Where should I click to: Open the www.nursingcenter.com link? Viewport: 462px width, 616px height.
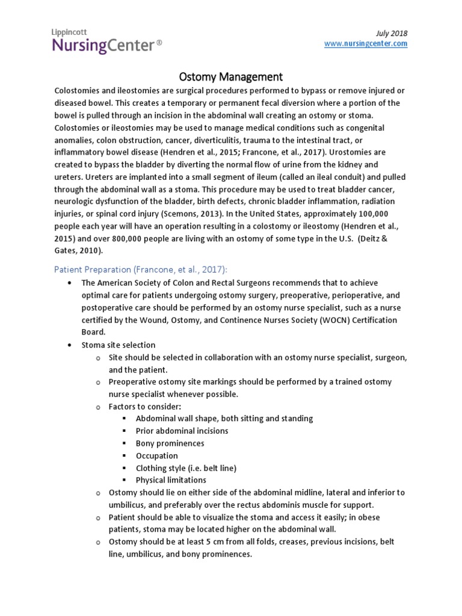pos(366,44)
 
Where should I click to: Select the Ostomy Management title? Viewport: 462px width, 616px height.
pos(231,77)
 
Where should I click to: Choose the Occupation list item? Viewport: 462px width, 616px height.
pos(156,455)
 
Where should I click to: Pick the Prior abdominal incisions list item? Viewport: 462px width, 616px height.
pos(182,431)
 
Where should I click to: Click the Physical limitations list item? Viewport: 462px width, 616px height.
pos(171,480)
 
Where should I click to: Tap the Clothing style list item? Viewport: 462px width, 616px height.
pos(186,467)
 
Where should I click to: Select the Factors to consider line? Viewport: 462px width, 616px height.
pos(145,407)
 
